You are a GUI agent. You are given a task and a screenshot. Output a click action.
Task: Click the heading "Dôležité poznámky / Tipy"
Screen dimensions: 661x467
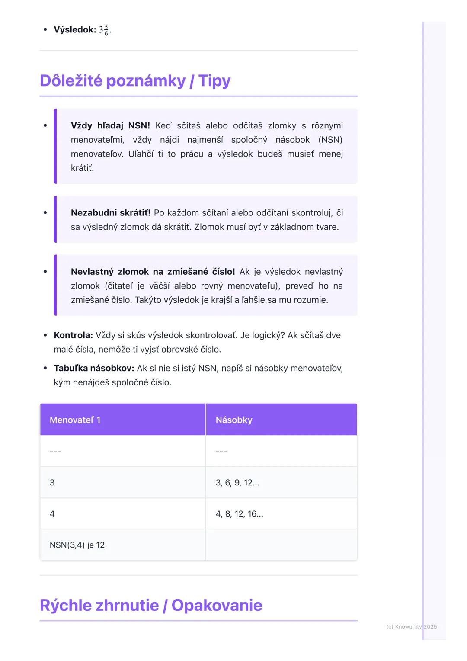point(135,81)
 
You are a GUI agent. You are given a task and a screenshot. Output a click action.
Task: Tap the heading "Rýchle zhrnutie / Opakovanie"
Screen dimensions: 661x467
point(151,605)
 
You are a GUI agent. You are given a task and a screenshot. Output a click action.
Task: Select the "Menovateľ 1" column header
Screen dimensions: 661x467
point(75,420)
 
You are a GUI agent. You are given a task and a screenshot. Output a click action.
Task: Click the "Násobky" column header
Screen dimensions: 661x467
point(234,420)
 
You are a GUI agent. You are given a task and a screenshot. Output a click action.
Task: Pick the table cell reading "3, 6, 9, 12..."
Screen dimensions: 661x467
point(237,483)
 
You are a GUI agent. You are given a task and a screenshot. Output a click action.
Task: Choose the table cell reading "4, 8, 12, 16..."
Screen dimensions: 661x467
point(239,514)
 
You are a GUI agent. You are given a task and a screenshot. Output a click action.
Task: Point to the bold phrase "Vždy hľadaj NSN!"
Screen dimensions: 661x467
point(110,126)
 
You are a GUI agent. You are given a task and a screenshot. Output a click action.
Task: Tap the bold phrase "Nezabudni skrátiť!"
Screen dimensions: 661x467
point(111,213)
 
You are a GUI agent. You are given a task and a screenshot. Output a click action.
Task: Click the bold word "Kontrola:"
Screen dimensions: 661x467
point(73,335)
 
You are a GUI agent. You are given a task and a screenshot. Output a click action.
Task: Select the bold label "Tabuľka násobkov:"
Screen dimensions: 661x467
point(94,369)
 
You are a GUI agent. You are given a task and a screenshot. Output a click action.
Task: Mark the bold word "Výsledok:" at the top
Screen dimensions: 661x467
point(75,30)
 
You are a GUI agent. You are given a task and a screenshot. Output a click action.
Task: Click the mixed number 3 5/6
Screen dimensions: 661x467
point(104,30)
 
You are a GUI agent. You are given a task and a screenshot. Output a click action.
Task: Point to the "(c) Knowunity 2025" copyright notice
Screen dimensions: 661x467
point(411,626)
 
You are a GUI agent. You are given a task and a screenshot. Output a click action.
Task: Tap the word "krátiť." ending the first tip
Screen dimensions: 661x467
point(82,168)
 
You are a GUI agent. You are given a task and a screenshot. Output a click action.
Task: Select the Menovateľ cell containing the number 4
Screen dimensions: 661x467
point(52,514)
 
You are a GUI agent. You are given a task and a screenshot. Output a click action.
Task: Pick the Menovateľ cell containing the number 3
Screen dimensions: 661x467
point(52,483)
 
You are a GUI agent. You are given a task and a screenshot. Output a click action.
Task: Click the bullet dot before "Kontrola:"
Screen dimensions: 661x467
point(45,335)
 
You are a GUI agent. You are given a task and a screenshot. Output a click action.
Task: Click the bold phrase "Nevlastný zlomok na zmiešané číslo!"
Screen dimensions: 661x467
point(153,272)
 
